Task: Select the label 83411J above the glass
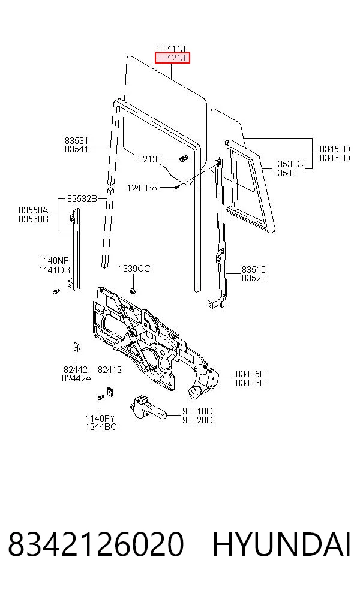172,49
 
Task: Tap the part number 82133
149,159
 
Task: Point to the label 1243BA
142,188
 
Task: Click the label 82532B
82,198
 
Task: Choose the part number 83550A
34,210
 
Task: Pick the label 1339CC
134,268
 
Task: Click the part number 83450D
335,149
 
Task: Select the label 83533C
288,164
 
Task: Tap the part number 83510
253,269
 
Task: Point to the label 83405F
250,374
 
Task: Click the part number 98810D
197,411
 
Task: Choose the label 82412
110,370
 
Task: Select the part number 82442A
76,378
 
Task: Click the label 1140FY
100,418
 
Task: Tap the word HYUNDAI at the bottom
281,544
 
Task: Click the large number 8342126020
95,544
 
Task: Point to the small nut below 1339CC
133,290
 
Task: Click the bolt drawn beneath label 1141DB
56,291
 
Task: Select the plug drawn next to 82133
183,159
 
